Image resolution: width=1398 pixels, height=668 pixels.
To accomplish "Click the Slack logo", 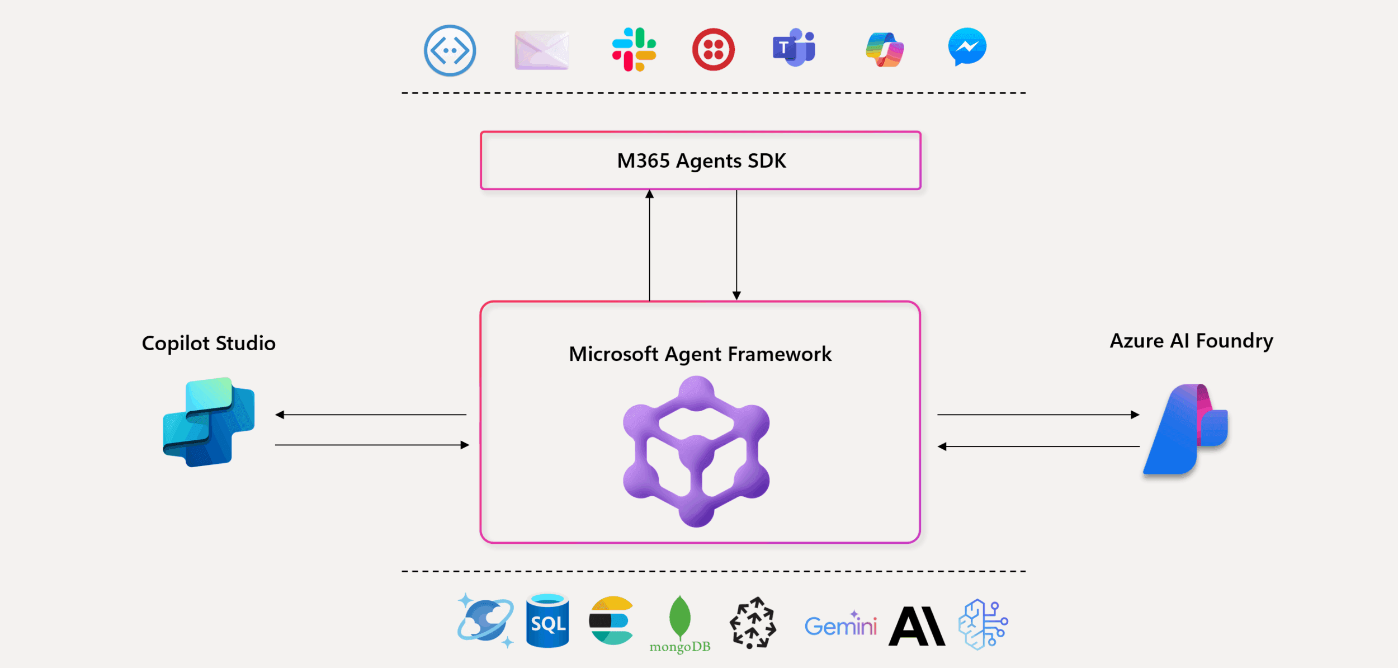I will pos(634,49).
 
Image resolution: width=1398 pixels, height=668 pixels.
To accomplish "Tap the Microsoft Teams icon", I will pos(794,48).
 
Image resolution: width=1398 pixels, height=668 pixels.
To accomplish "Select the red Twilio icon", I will pos(713,49).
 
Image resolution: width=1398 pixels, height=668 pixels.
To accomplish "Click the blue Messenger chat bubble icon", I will pos(967,47).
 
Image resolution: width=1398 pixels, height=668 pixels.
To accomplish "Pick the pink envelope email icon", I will pos(541,50).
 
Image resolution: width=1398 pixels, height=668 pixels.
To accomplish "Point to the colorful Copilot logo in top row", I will pos(884,50).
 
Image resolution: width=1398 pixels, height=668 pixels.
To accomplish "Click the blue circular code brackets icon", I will pos(450,50).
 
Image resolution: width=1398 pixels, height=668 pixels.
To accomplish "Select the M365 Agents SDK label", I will pos(701,161).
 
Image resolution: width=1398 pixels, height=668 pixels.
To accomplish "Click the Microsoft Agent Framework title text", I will pos(700,354).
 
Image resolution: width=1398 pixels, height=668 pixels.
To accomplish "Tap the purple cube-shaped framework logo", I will pos(696,451).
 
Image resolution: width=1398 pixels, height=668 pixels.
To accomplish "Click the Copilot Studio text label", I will pos(209,343).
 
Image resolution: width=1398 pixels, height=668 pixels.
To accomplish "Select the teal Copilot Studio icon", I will pos(209,422).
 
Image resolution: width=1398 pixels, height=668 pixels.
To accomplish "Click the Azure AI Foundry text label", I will pos(1191,341).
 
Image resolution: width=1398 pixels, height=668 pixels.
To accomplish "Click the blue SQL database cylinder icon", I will pos(547,621).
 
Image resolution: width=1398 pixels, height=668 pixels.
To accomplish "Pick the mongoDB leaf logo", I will pos(679,618).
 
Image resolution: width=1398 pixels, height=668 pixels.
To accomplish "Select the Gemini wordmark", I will pos(840,625).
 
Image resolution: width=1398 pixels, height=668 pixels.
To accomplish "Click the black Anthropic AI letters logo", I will pos(916,626).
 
